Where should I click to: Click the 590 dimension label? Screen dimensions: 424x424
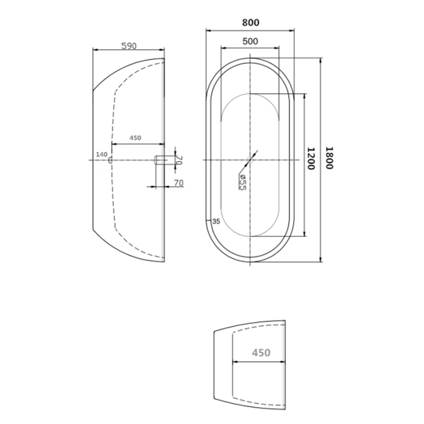(x=128, y=45)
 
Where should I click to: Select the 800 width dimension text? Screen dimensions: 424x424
(x=250, y=22)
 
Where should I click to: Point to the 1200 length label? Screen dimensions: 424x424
(x=311, y=159)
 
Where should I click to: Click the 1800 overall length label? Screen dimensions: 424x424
(x=329, y=159)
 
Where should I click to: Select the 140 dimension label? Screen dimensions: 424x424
(x=101, y=154)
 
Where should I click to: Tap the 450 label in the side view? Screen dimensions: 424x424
(x=135, y=138)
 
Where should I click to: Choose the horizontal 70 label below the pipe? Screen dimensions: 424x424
(x=179, y=182)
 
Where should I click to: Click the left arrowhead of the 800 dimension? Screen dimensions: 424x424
(x=207, y=30)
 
